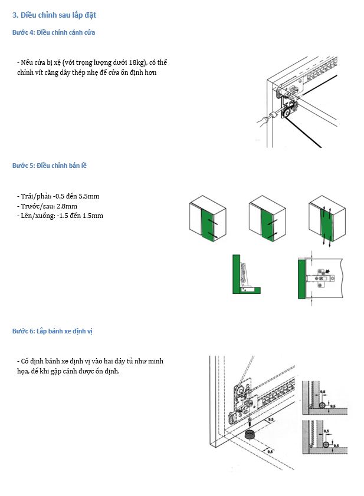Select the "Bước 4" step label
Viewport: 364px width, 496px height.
click(23, 32)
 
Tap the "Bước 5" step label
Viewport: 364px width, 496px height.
click(23, 166)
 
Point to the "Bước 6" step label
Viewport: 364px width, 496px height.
click(23, 331)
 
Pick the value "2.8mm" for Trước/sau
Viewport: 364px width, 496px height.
click(64, 206)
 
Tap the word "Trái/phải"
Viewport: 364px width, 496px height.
click(32, 196)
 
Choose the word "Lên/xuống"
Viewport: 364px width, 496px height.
click(35, 216)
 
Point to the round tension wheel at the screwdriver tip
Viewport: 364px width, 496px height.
click(287, 110)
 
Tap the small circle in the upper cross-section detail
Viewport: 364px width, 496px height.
click(322, 407)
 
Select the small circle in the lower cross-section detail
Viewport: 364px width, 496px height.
click(324, 444)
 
